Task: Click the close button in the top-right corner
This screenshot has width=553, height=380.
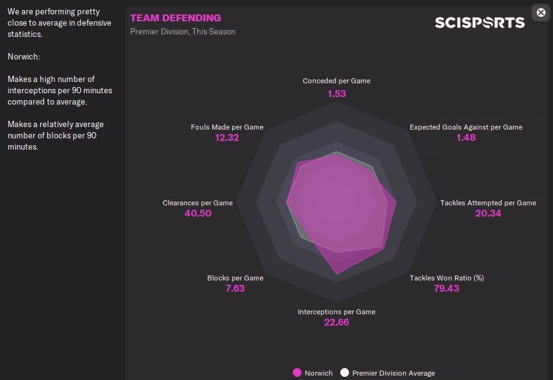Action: pyautogui.click(x=541, y=13)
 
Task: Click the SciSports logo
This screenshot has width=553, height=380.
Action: pyautogui.click(x=480, y=23)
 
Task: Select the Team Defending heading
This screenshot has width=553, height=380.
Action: pyautogui.click(x=175, y=18)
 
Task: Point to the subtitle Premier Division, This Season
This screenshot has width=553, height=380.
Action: pyautogui.click(x=183, y=31)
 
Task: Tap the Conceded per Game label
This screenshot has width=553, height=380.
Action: pyautogui.click(x=337, y=81)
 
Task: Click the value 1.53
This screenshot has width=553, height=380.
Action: pyautogui.click(x=337, y=93)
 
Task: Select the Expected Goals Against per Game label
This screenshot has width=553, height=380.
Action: pyautogui.click(x=466, y=127)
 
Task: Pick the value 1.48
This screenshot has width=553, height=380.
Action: pyautogui.click(x=466, y=138)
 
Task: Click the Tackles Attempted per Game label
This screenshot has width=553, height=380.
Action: pyautogui.click(x=488, y=203)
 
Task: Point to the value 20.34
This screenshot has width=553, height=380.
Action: pyautogui.click(x=488, y=213)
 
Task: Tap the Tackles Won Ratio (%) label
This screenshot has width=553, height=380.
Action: pyautogui.click(x=447, y=278)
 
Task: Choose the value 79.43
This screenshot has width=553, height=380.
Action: pyautogui.click(x=447, y=289)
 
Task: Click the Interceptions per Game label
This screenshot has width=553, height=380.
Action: pyautogui.click(x=337, y=312)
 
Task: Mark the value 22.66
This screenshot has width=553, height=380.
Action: pyautogui.click(x=337, y=322)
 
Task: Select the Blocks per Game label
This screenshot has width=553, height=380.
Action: pyautogui.click(x=235, y=278)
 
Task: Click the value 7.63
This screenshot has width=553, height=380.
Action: pyautogui.click(x=235, y=289)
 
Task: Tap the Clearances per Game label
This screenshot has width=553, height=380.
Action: pyautogui.click(x=198, y=203)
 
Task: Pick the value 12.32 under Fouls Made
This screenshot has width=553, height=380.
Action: pyautogui.click(x=227, y=138)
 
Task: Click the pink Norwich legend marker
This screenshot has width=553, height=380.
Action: pyautogui.click(x=297, y=373)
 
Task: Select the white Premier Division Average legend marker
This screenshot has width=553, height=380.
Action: pyautogui.click(x=345, y=373)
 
